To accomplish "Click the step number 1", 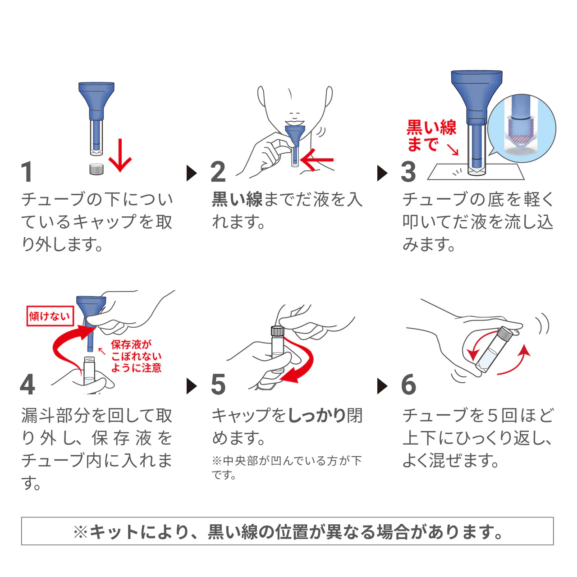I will (x=27, y=172).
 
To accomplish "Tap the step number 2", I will (x=218, y=172).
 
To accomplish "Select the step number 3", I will (x=408, y=172).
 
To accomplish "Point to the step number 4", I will (x=27, y=385).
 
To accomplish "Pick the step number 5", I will (x=218, y=385).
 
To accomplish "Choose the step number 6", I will (x=408, y=385).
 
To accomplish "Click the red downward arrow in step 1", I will (x=120, y=156).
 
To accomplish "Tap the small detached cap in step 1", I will (x=96, y=169).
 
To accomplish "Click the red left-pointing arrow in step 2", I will (x=317, y=160).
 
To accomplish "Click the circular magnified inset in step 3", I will (x=522, y=129).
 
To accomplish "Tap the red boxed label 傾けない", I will (x=50, y=316).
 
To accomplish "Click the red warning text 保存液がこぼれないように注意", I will (x=136, y=356).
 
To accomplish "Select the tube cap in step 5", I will (x=277, y=331).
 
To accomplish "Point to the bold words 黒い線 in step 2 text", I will (x=237, y=199).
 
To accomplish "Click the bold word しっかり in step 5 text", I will (x=316, y=415).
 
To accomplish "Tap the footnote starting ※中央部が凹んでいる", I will (x=287, y=467).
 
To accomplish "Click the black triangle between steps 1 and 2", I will (x=192, y=173).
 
